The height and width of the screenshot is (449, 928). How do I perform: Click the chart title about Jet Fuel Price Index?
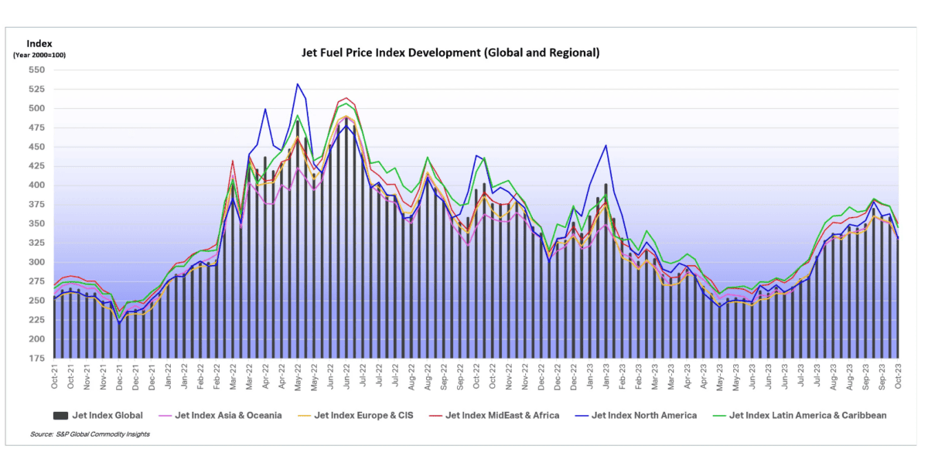coord(450,53)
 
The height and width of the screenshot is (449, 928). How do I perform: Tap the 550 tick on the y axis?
coord(36,70)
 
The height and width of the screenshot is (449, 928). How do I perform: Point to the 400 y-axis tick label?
coord(36,185)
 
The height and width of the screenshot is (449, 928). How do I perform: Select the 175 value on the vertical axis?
coord(36,359)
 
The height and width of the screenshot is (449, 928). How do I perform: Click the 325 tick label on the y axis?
coord(36,243)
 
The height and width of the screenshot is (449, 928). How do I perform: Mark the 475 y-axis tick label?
coord(36,128)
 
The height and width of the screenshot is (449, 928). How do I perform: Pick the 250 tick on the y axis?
coord(36,301)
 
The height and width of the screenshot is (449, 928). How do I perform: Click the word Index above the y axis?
coord(38,43)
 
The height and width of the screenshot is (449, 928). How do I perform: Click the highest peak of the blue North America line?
coord(297,83)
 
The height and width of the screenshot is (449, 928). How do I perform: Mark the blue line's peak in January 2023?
coord(606,145)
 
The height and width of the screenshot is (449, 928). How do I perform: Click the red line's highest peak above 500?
coord(346,98)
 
